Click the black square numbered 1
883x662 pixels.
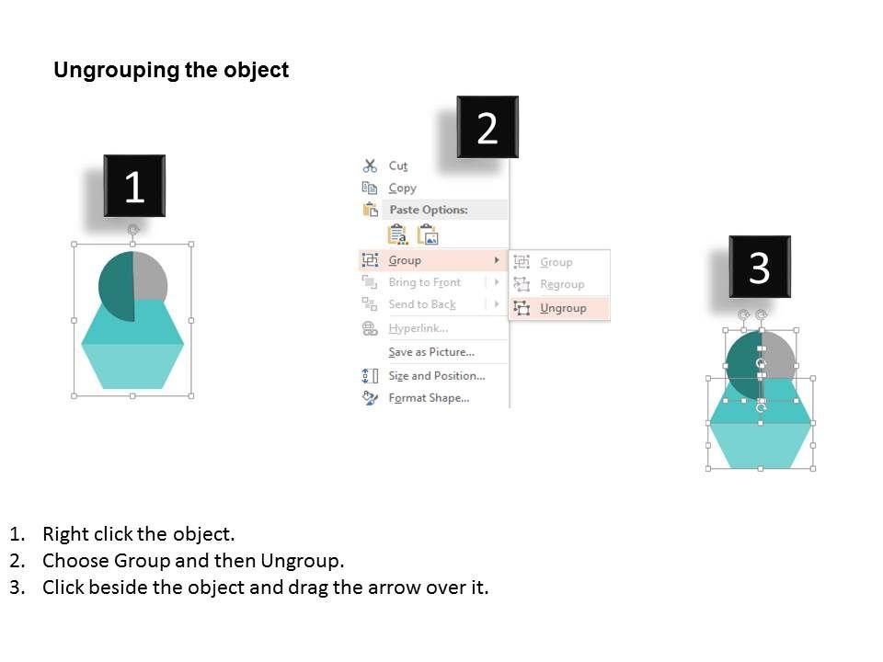coord(134,186)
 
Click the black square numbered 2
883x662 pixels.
coord(487,127)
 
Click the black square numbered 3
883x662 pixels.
coord(760,267)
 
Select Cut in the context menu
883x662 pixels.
coord(397,166)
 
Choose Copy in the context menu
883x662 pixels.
coord(403,188)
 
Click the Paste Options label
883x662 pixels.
coord(429,210)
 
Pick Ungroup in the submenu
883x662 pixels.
coord(563,308)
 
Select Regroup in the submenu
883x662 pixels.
coord(562,284)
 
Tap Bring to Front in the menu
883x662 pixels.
coord(425,282)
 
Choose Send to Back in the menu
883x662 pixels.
coord(422,304)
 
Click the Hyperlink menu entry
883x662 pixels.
coord(419,328)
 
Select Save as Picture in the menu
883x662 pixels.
coord(431,352)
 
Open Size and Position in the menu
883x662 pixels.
coord(436,375)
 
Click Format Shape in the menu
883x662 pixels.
coord(429,398)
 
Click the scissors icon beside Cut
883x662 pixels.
coord(370,165)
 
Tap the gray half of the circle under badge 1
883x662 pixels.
coord(150,276)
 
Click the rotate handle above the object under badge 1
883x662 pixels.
coord(132,230)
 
